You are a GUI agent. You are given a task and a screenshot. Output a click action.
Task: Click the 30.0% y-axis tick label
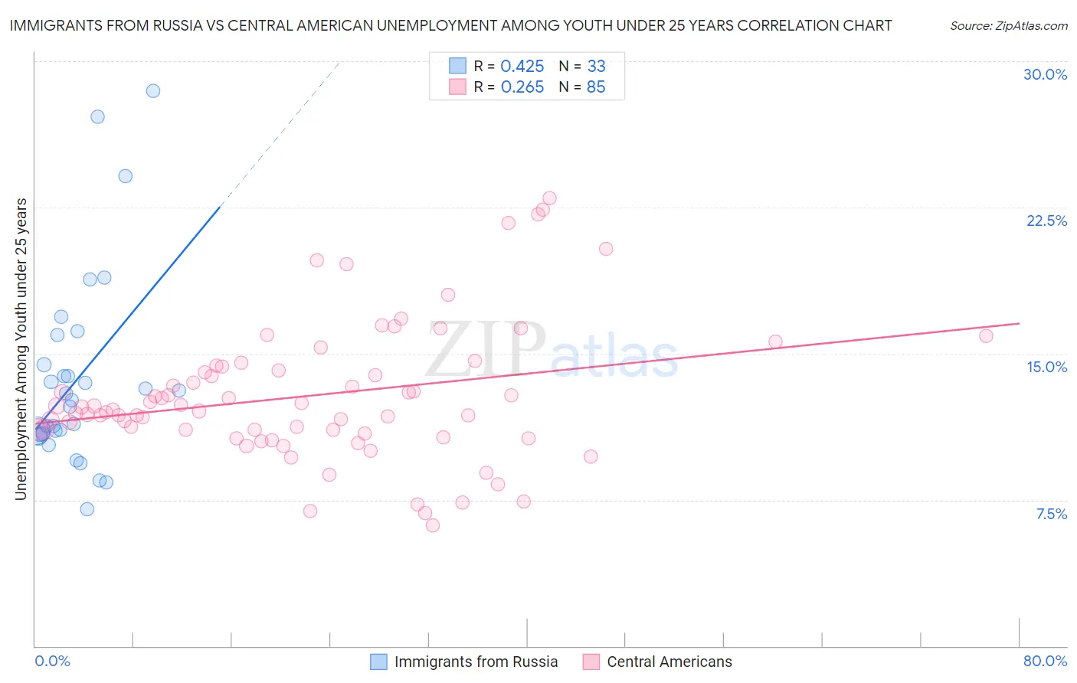1045,74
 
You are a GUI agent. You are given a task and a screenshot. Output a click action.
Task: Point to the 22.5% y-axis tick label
1046,221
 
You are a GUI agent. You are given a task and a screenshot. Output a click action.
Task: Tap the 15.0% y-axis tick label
1046,367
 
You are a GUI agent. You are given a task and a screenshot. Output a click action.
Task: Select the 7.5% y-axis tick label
1051,514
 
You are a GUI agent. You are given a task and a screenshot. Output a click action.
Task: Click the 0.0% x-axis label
52,661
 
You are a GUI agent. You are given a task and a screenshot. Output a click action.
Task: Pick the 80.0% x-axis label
1045,661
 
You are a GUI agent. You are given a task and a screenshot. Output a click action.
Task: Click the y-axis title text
21,349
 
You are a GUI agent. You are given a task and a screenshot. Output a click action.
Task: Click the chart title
450,25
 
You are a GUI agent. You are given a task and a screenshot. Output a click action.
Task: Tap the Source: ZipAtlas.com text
1008,25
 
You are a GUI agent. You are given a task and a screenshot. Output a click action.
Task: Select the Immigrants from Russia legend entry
464,662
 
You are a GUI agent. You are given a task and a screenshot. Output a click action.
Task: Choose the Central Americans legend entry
657,662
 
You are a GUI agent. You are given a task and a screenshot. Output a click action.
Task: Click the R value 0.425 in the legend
522,67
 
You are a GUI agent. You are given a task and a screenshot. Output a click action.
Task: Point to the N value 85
596,87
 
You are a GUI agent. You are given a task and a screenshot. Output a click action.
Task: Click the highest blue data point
153,90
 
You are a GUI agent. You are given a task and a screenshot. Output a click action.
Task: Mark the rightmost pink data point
986,335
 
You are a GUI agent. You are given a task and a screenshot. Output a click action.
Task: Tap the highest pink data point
549,198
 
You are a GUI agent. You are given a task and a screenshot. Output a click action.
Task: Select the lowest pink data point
433,525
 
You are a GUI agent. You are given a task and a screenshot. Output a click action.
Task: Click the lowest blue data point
87,509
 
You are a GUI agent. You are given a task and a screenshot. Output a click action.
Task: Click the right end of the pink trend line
1019,324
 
